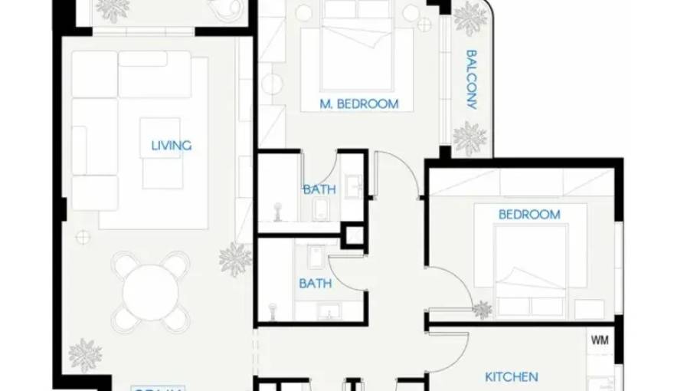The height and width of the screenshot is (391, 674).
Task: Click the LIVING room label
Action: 171,145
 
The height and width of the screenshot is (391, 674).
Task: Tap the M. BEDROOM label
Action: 359,103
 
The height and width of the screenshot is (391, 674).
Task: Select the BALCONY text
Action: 471,80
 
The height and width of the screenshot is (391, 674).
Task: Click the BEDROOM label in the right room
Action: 529,215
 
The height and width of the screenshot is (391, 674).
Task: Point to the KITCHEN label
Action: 511,376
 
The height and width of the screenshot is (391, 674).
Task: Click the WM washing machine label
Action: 600,340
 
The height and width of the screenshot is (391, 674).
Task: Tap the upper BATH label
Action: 319,189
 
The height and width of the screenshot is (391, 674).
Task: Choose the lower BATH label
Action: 315,283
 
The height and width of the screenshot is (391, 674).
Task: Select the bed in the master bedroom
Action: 356,51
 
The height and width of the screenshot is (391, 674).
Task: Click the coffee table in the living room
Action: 160,153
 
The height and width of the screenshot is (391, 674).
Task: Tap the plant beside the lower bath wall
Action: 235,258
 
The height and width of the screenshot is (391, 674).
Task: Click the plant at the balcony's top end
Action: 469,18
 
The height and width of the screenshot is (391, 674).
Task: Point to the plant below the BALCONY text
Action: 469,138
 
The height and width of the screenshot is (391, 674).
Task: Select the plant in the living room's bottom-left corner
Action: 85,355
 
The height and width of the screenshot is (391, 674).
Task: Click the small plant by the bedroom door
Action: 482,310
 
